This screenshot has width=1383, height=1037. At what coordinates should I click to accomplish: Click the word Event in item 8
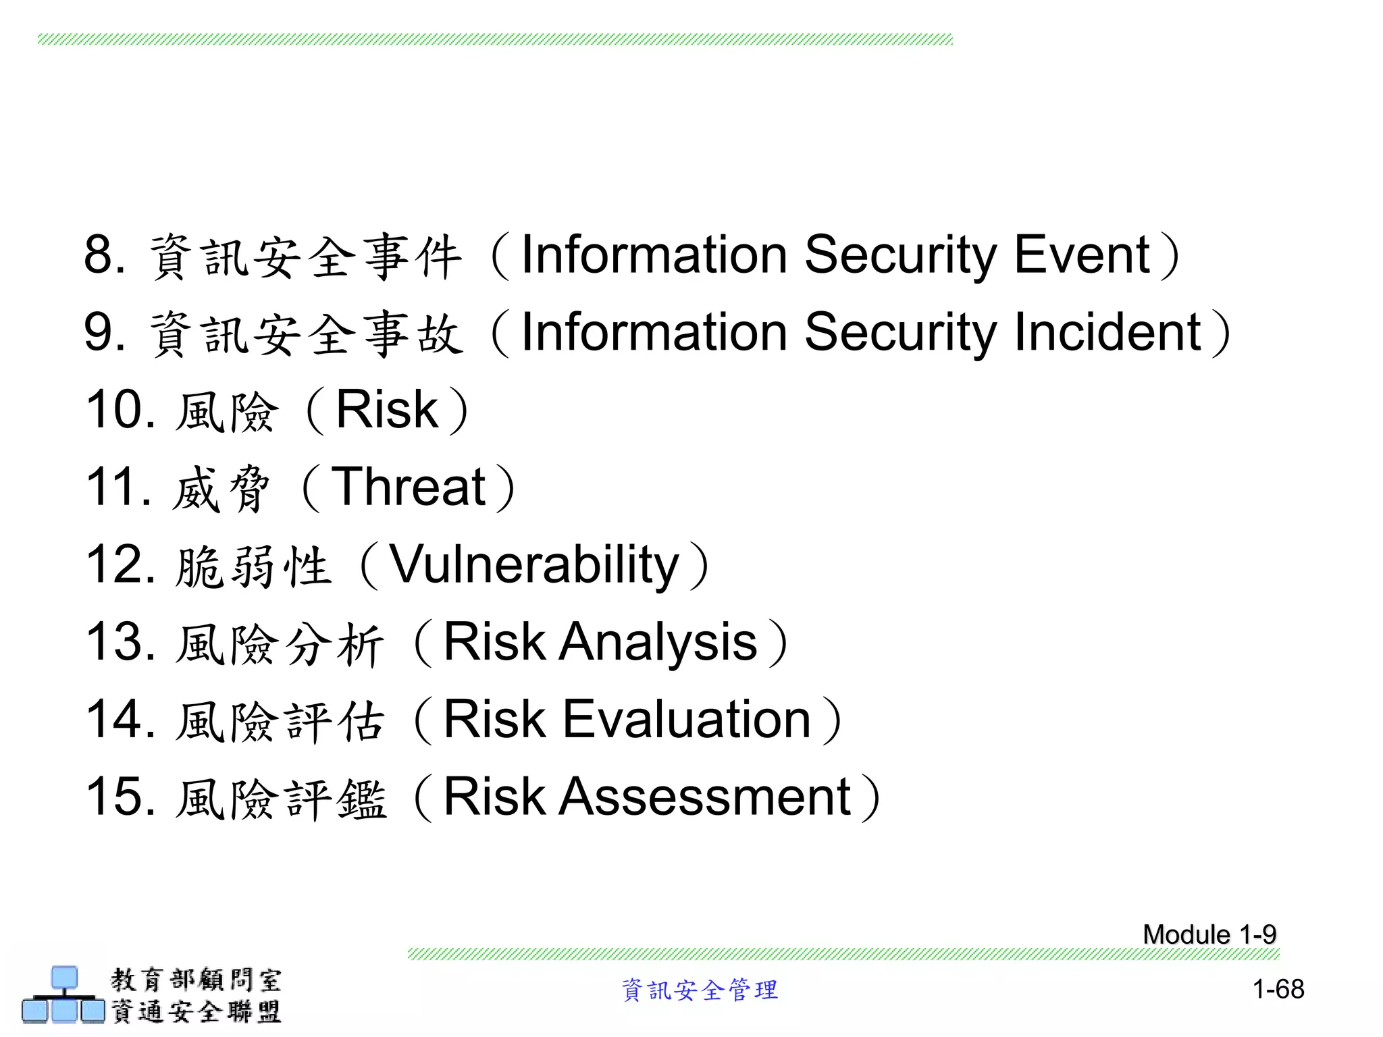[1082, 255]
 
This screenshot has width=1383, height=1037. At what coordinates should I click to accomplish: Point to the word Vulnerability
[535, 565]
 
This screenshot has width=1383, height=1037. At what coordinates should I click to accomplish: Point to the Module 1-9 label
[1209, 935]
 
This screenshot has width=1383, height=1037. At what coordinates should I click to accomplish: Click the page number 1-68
[1278, 990]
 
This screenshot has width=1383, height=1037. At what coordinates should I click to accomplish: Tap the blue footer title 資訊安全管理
[700, 990]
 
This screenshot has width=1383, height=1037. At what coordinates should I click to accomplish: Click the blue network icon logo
[63, 995]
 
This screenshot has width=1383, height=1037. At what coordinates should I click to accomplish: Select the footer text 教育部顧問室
[196, 980]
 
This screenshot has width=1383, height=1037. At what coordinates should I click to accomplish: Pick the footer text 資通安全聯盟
[196, 1011]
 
